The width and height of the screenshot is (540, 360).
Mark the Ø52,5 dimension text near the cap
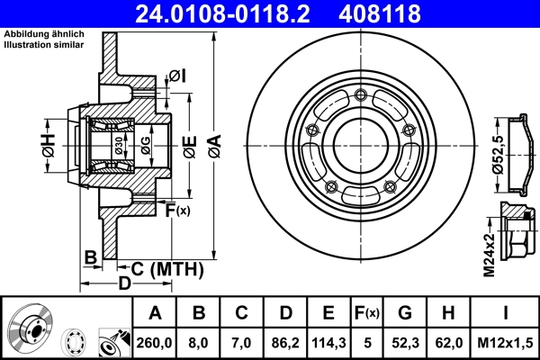(x=496, y=153)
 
